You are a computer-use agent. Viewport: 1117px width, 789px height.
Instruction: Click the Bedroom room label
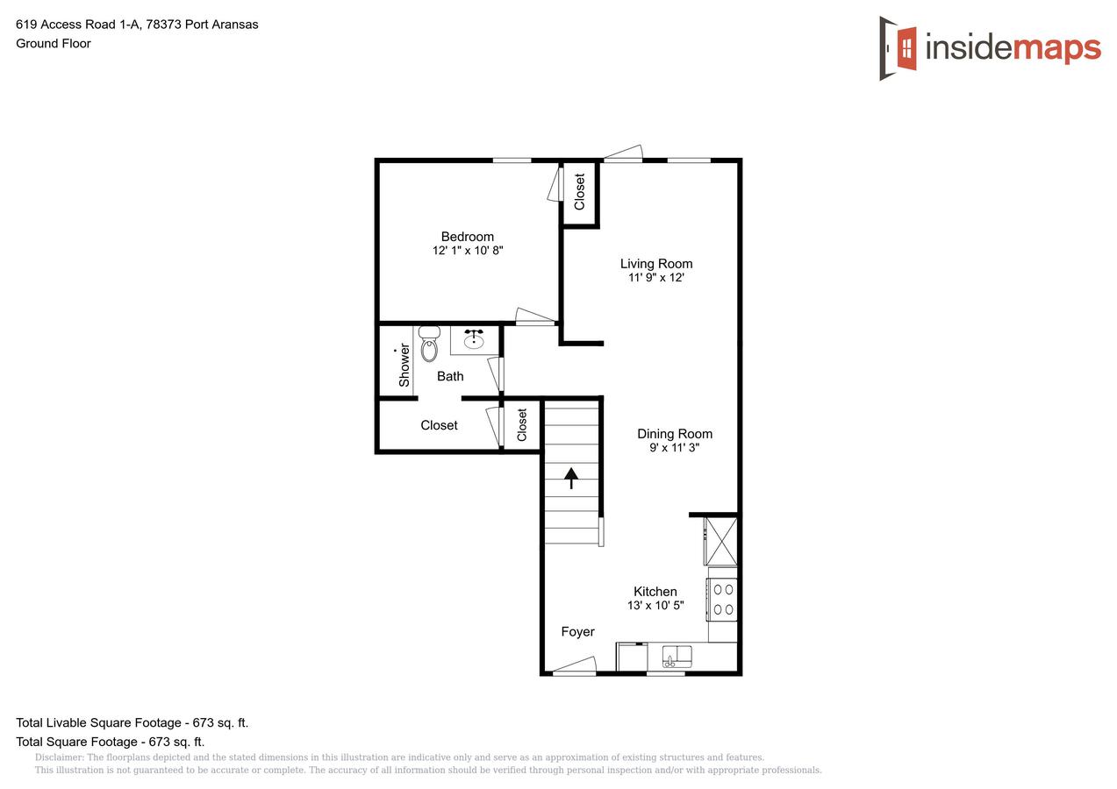(x=467, y=237)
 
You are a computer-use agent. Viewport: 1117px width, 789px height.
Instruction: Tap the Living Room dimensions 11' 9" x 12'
(x=655, y=278)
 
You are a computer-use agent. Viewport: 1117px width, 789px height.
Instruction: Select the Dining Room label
(x=674, y=434)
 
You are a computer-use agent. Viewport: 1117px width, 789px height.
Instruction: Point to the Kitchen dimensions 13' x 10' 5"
(x=655, y=606)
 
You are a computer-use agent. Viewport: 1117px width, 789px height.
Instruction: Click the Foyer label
(x=577, y=632)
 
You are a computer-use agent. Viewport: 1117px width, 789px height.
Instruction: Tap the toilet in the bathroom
(x=429, y=345)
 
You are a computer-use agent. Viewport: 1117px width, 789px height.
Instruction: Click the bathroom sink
(x=474, y=339)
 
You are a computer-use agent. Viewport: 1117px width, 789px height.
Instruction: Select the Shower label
(x=405, y=365)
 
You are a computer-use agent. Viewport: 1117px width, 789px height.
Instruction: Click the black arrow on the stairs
(x=571, y=478)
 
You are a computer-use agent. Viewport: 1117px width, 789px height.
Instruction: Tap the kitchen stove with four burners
(x=723, y=600)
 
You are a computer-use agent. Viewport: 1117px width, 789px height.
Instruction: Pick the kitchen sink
(x=676, y=656)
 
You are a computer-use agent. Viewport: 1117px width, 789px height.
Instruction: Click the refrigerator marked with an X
(x=722, y=541)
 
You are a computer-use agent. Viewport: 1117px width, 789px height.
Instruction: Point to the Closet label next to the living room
(x=579, y=192)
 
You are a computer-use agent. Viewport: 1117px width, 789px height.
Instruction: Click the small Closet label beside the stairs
(x=522, y=425)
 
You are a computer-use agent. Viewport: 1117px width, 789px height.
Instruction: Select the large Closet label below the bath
(x=439, y=425)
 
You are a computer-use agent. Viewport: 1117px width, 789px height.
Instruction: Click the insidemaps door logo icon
(x=899, y=48)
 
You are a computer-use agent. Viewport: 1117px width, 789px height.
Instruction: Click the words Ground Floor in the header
(x=54, y=43)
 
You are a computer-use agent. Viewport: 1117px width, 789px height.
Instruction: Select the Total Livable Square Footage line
(x=132, y=723)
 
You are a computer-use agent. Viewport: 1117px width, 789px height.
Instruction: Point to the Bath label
(x=450, y=376)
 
